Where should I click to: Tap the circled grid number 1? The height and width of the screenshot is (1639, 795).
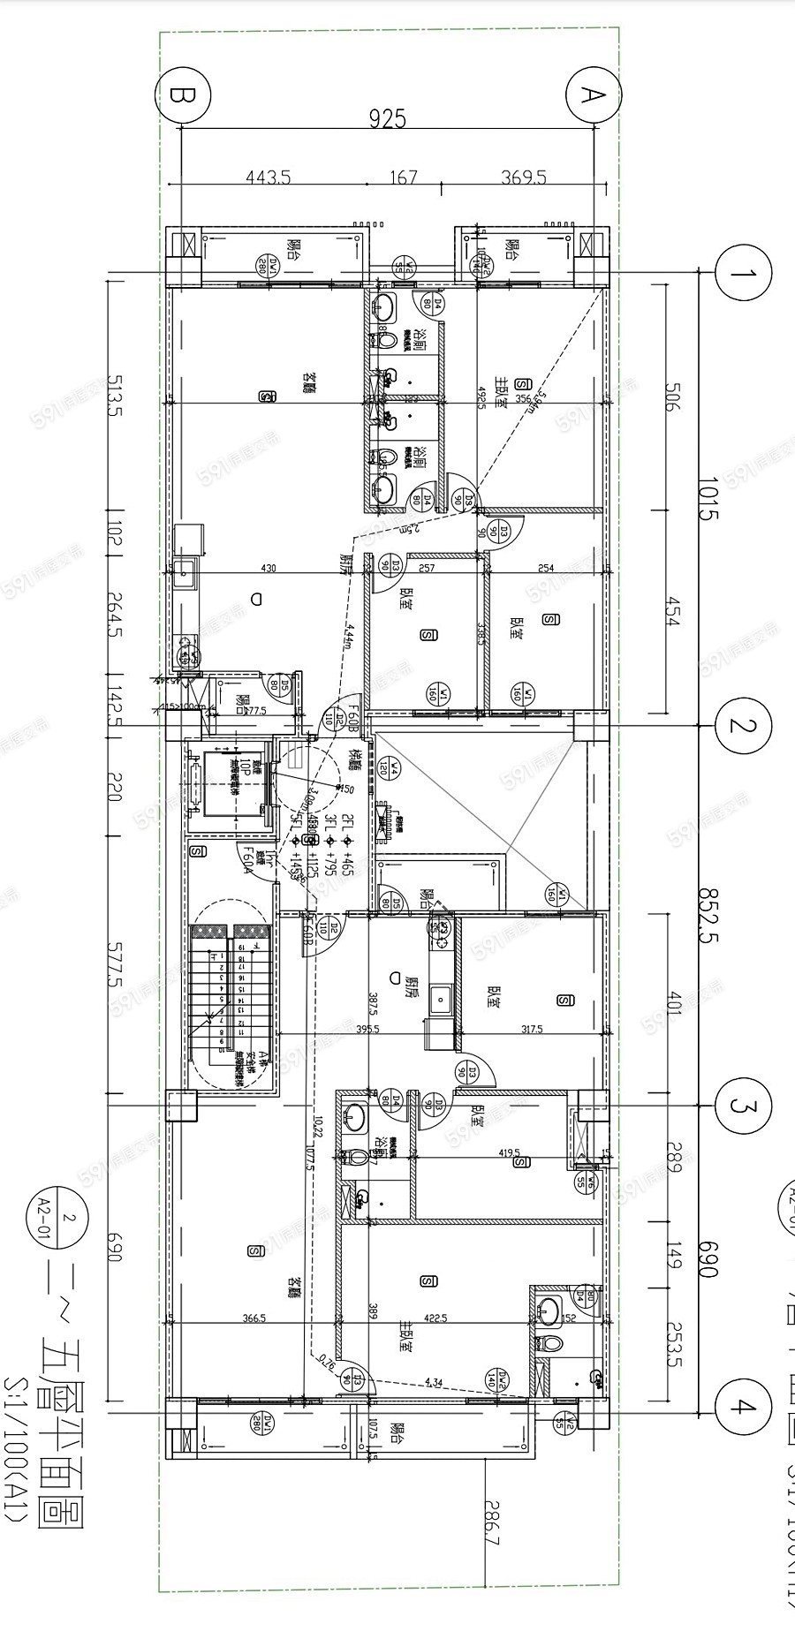pos(744,273)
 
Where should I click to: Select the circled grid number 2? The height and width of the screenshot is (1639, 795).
pos(744,726)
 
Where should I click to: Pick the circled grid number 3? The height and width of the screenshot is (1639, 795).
pos(744,1106)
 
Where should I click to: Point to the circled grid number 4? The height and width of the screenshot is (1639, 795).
pos(744,1408)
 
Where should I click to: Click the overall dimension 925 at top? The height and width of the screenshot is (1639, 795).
pos(387,117)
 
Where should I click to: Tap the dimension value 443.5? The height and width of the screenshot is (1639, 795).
pos(268,177)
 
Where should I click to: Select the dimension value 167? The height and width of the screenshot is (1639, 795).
pos(402,177)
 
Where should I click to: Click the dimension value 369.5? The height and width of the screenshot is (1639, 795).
pos(524,177)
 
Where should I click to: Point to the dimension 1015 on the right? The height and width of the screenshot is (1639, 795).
pos(707,497)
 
